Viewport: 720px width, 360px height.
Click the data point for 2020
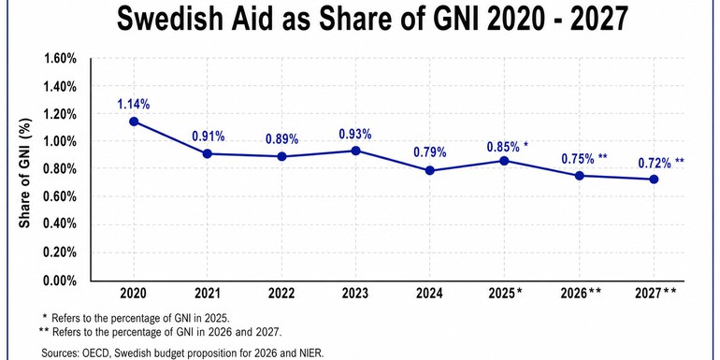(135, 122)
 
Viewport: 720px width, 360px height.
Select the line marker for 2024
(430, 170)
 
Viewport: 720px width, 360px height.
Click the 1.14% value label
(135, 103)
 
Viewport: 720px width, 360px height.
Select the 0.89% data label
(281, 138)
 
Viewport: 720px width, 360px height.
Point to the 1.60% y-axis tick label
(61, 58)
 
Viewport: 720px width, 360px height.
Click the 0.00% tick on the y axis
(61, 280)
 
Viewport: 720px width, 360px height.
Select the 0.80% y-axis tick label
(61, 169)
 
